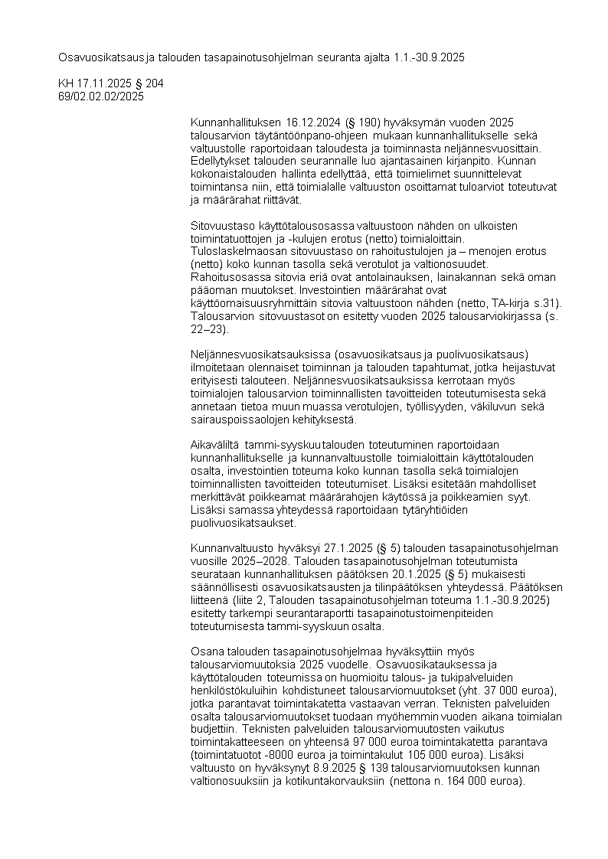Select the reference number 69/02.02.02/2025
click(x=101, y=96)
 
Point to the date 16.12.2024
click(x=313, y=122)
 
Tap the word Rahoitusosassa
click(x=227, y=276)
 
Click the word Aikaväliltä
click(x=216, y=446)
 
